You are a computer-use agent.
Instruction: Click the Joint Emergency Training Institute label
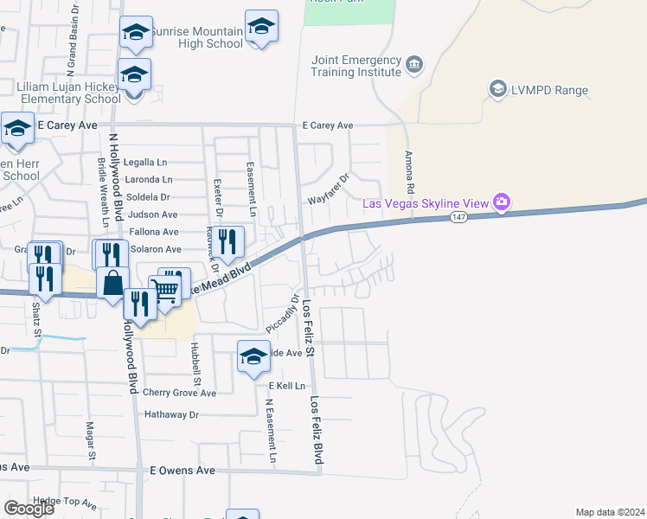click(357, 66)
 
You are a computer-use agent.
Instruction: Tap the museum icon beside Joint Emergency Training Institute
click(414, 63)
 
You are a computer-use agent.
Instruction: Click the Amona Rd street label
click(410, 174)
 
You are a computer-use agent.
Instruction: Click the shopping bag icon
click(112, 283)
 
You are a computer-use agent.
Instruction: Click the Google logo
click(29, 509)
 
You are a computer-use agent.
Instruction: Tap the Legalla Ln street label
click(145, 162)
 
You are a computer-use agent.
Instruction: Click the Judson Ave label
click(152, 215)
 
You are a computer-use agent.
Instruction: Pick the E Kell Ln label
click(287, 385)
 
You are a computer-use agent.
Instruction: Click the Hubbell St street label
click(195, 363)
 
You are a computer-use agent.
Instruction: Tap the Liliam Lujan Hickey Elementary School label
click(69, 93)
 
